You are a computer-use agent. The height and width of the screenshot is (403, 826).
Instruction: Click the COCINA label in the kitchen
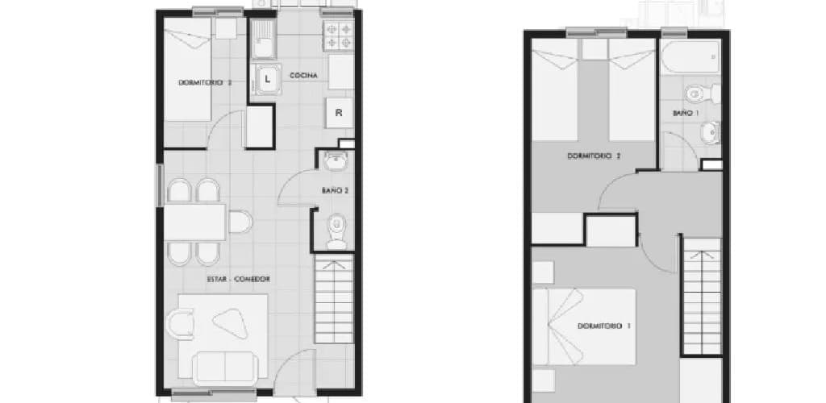pos(303,76)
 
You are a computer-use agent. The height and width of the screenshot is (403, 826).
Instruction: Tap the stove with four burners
pos(338,35)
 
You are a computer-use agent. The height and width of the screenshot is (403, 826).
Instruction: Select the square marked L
pos(268,80)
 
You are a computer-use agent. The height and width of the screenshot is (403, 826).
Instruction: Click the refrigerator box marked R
pos(340,113)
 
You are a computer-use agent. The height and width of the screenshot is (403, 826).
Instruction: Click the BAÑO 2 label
pos(335,191)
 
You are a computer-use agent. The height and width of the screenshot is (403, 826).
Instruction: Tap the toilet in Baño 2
pos(336,231)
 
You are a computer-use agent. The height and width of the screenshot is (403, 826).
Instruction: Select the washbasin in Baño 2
pos(335,161)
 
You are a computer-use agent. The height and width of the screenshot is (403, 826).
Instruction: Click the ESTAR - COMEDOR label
pos(239,280)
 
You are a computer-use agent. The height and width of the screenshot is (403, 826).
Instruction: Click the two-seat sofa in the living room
pos(226,368)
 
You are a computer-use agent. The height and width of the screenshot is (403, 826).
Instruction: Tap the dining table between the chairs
pos(195,222)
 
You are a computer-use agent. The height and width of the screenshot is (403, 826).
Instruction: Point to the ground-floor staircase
pos(334,299)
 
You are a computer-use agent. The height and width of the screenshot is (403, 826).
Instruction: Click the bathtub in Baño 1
pos(690,56)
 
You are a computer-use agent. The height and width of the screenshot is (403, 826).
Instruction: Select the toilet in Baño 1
pos(703,94)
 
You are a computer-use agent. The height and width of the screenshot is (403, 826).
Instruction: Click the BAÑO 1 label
pos(686,113)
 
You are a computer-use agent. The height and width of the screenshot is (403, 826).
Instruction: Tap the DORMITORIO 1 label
pos(604,326)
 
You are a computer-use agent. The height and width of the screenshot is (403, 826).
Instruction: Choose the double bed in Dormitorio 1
pos(584,326)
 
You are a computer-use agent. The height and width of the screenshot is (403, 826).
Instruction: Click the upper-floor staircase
pos(702,296)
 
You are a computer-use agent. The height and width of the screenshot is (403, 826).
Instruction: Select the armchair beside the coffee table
pos(180,324)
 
